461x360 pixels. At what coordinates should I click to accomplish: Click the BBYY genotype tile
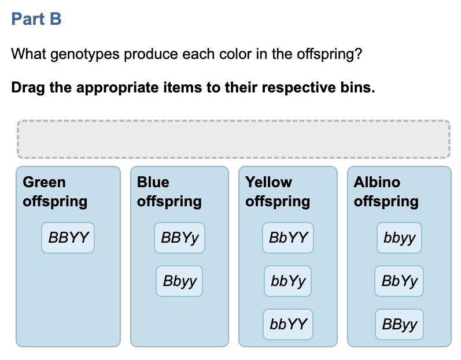tap(68, 237)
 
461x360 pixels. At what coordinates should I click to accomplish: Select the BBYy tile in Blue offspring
tap(179, 237)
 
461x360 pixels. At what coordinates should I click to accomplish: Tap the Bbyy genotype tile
tap(179, 281)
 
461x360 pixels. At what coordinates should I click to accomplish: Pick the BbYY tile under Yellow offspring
tap(288, 237)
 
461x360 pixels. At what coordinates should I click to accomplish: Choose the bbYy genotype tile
tap(287, 281)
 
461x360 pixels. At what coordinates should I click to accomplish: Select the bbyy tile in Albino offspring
tap(399, 237)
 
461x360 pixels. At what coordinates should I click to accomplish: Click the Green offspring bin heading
tap(55, 192)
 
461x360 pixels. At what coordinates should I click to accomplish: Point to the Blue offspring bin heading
tap(169, 192)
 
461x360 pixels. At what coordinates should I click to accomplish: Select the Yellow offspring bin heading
tap(278, 192)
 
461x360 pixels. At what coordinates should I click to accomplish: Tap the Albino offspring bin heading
tap(386, 192)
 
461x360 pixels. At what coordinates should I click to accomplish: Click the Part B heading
tap(36, 20)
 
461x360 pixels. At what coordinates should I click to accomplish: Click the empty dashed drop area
tap(234, 139)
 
